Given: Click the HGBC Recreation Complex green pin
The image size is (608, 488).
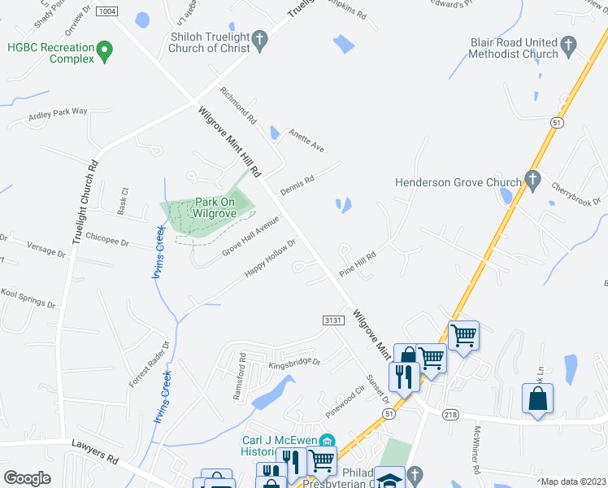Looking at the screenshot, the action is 104,53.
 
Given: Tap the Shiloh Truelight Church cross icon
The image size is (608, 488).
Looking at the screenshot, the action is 259,39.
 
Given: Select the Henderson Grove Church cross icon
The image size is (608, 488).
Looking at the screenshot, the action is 532,181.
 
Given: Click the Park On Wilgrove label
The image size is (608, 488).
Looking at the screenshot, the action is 215,208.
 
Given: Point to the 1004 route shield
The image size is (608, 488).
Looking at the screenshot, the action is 106,11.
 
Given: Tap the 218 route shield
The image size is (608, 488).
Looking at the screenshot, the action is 451,414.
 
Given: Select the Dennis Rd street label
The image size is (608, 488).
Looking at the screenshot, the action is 297,186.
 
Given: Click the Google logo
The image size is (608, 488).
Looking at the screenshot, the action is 27,478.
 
